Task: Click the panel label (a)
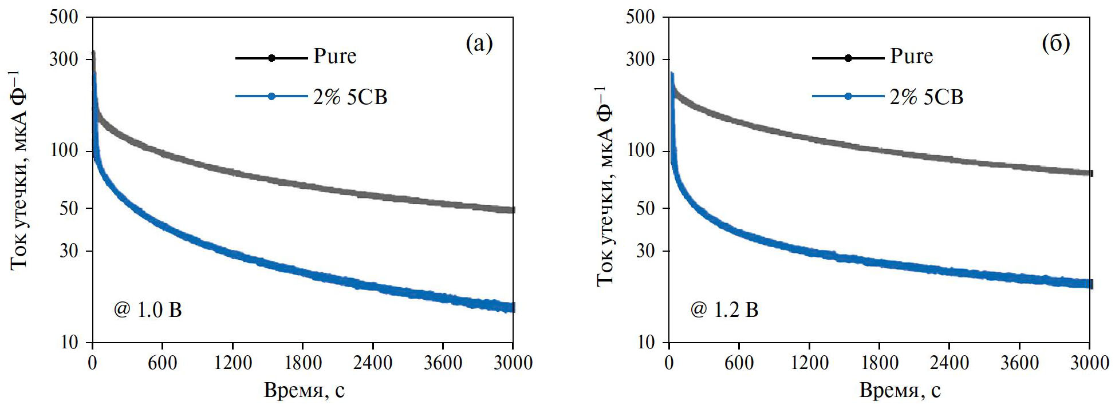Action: [x=479, y=43]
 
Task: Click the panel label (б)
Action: [x=1055, y=43]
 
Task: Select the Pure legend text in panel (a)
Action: [x=334, y=56]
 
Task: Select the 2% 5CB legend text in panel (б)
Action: [x=926, y=97]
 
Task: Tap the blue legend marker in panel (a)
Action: [x=271, y=96]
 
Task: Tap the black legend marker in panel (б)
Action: [x=848, y=58]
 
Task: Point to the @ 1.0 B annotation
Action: [x=148, y=310]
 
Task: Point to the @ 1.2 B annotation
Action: [x=724, y=310]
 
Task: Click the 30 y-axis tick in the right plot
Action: [x=645, y=251]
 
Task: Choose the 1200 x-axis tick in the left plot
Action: [x=233, y=363]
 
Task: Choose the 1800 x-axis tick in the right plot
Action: [x=880, y=363]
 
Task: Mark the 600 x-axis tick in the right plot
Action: [x=739, y=363]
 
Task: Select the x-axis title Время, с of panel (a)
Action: [x=304, y=391]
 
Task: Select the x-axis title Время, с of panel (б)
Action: [x=900, y=391]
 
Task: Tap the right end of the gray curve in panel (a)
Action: [x=513, y=210]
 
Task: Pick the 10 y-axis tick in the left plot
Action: [x=69, y=342]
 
